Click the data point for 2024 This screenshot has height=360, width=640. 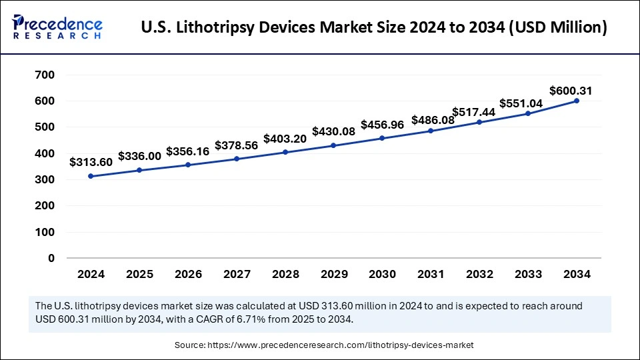point(91,176)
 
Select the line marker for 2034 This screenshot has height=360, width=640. point(576,101)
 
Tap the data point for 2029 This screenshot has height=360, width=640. point(333,145)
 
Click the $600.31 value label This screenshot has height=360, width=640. point(571,91)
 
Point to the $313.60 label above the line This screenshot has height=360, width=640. point(91,162)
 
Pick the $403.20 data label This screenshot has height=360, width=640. point(285,139)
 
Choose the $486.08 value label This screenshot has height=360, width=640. point(433,121)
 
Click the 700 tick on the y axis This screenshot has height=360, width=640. point(44,75)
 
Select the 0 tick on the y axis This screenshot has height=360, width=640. point(51,258)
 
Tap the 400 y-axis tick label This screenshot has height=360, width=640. point(44,153)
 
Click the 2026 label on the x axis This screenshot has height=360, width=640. point(187,274)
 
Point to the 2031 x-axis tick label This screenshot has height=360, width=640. point(430,274)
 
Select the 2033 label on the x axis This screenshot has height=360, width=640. point(527,274)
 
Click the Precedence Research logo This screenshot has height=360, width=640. point(57,27)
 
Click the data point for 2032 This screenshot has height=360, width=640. point(479,122)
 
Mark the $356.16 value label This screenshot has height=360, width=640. point(187,151)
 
